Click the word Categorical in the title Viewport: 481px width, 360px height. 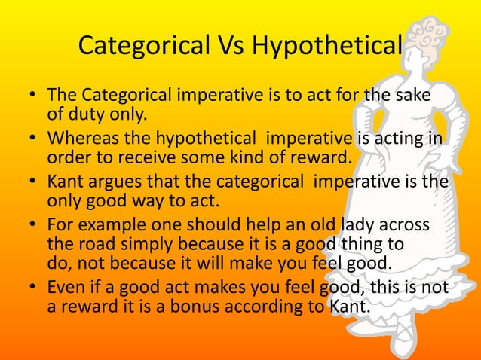(143, 47)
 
